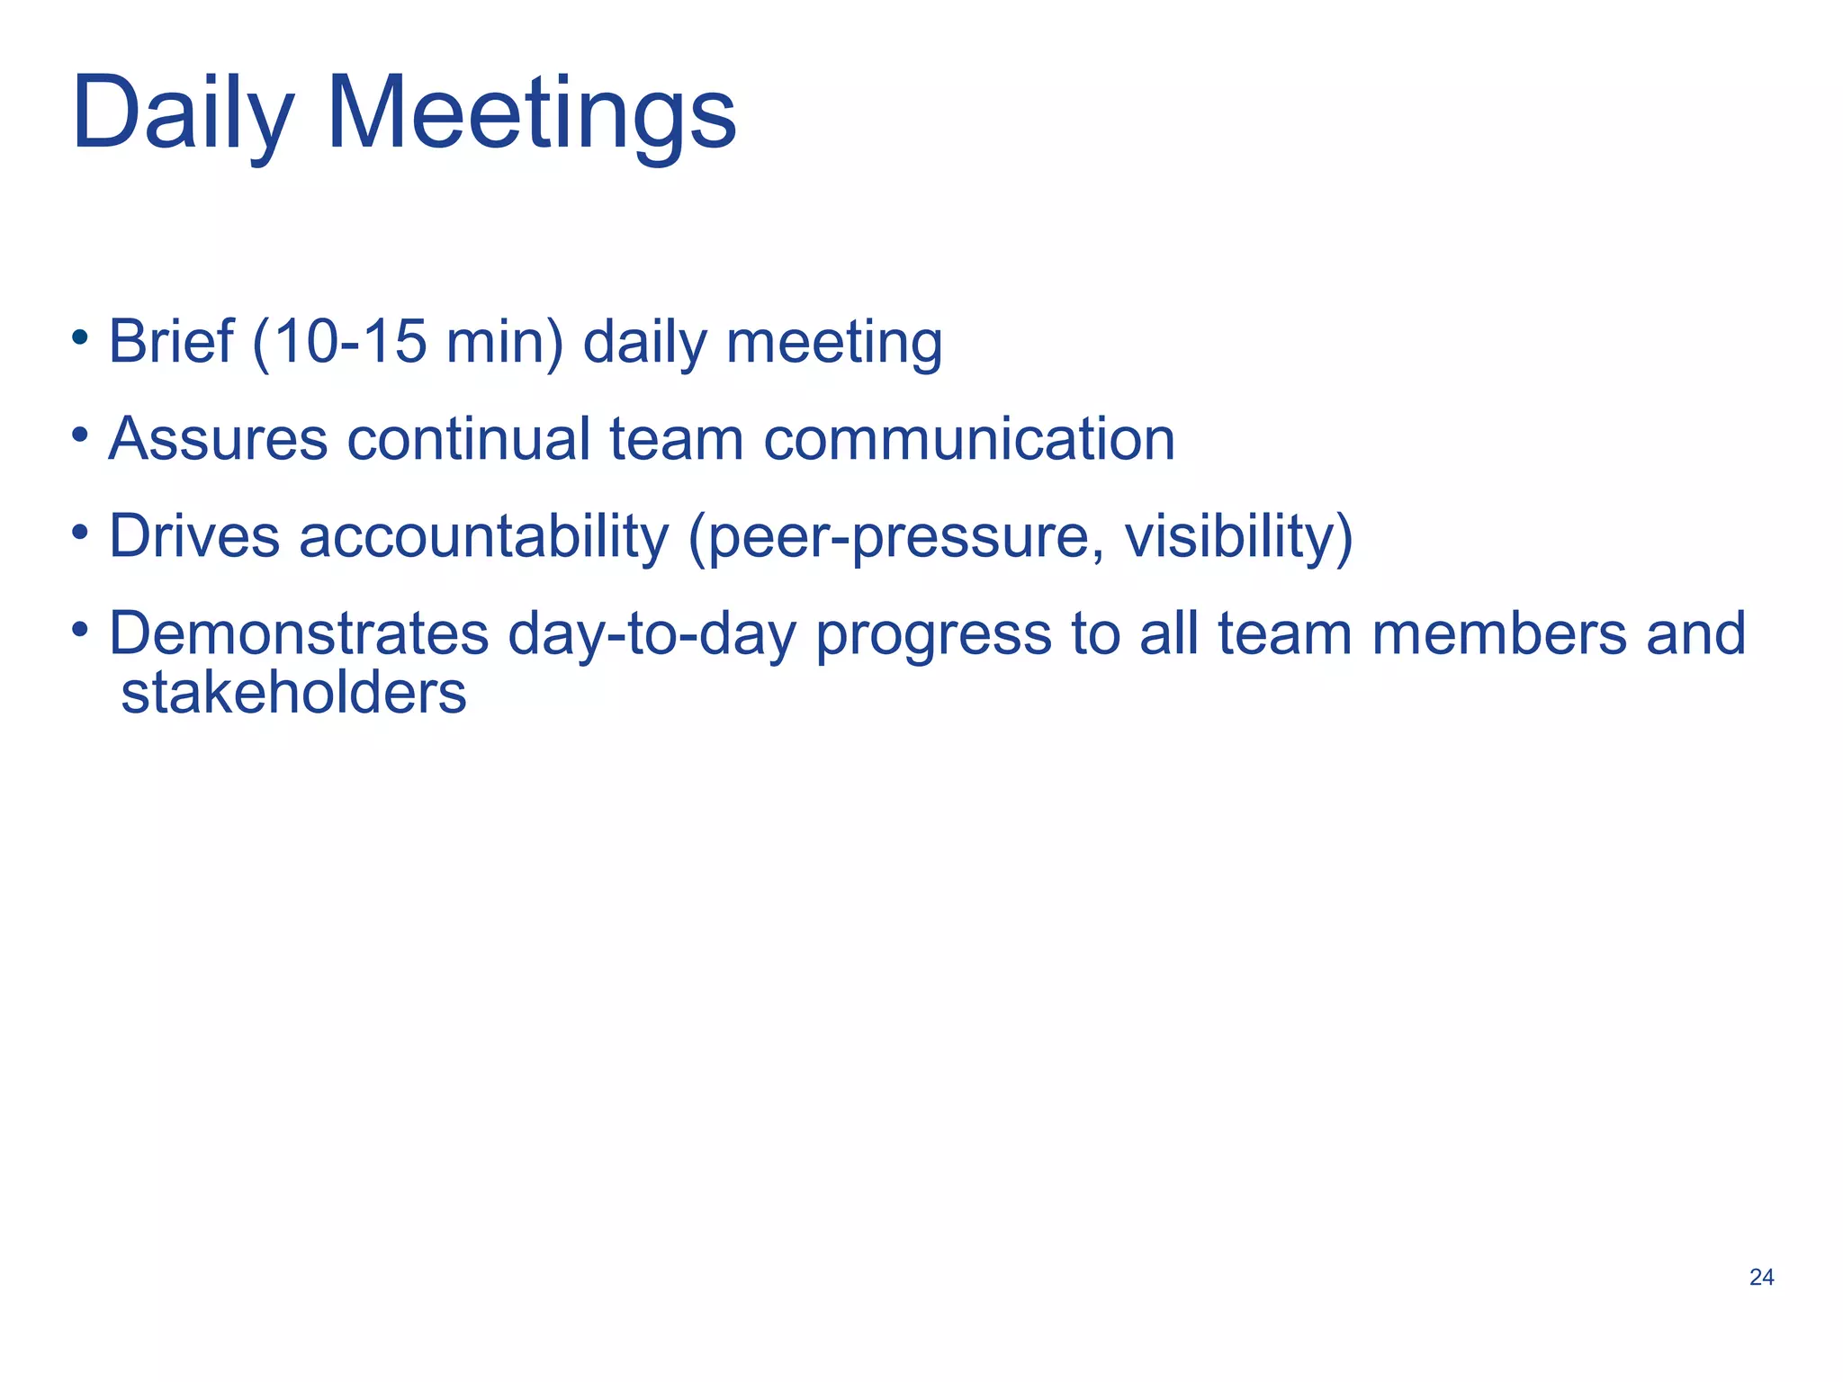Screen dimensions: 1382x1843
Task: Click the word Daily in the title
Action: click(183, 115)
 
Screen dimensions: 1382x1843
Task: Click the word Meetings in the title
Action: click(531, 115)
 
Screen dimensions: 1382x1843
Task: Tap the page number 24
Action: click(1761, 1277)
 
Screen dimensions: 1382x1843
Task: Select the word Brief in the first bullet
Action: click(171, 342)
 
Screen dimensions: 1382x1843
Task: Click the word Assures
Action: click(218, 439)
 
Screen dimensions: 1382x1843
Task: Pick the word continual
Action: click(468, 439)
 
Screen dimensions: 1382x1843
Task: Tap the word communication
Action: click(969, 439)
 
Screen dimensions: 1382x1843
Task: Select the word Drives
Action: click(194, 536)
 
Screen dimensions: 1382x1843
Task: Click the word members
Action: click(1499, 633)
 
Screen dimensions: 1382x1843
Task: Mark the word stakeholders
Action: click(293, 694)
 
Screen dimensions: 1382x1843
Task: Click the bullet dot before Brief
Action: click(80, 337)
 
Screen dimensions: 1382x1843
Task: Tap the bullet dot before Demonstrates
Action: click(80, 628)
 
